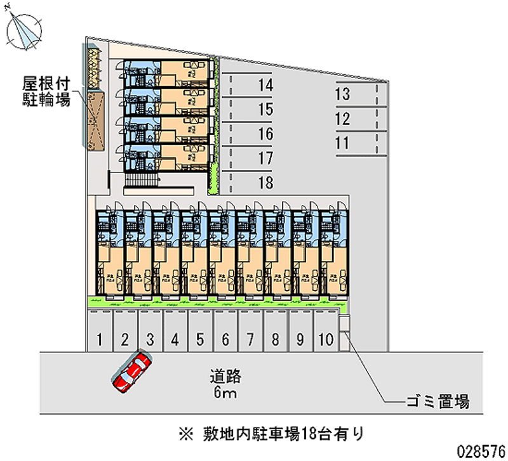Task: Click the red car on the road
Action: coord(132,373)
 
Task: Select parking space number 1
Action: coord(100,339)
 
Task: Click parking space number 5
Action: coord(199,339)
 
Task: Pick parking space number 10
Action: coord(325,339)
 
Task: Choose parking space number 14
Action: coord(265,85)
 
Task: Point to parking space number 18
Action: coord(265,183)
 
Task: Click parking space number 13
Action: coord(342,95)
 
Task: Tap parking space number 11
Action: coord(342,143)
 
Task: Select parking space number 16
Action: coord(265,134)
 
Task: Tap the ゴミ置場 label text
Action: coord(438,401)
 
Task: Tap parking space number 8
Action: coord(275,339)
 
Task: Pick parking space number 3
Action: coord(149,339)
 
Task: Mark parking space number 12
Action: coord(342,119)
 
